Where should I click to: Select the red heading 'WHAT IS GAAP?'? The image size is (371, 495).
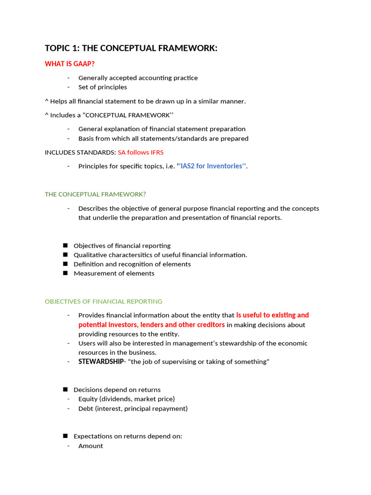70,64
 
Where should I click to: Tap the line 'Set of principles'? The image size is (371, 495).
102,87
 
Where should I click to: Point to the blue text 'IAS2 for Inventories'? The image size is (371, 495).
213,166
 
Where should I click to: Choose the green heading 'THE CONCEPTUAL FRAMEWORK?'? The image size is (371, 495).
95,194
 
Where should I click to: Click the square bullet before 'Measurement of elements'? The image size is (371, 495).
65,273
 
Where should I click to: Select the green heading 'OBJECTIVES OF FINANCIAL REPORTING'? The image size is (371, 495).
103,301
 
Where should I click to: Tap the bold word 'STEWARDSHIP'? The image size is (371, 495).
101,362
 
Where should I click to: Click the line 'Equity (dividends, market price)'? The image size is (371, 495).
127,399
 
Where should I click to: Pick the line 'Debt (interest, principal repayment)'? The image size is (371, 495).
133,408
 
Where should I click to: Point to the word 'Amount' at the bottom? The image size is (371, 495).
91,446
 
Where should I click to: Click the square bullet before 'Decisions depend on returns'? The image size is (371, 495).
65,390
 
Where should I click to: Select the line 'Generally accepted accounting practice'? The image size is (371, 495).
138,78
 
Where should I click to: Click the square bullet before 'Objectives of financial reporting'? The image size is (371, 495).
65,246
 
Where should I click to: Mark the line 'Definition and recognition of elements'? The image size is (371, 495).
132,264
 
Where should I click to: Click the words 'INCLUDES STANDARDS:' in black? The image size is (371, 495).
80,152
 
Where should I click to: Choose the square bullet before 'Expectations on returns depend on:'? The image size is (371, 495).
65,436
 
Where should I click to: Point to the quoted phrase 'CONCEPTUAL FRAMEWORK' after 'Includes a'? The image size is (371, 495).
129,115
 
